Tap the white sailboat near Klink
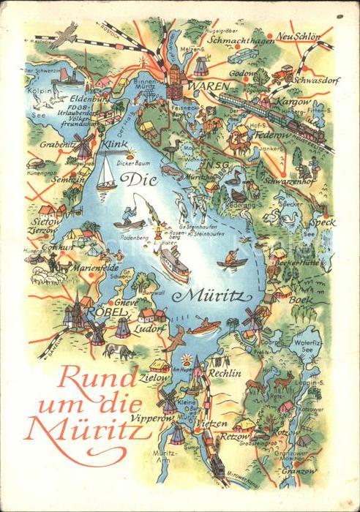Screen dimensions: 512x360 coord(107,174)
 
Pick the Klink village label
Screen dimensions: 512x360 coord(115,146)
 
